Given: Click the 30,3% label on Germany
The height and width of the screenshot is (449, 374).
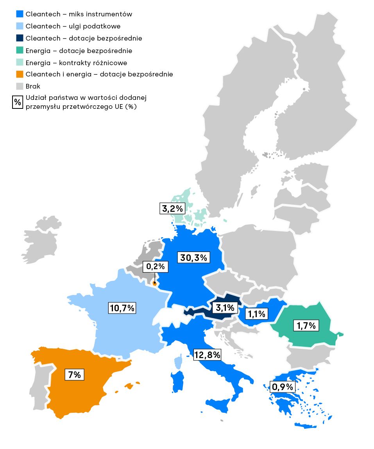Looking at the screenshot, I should pyautogui.click(x=194, y=257).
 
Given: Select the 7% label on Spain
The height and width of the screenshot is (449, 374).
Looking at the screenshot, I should pyautogui.click(x=74, y=375).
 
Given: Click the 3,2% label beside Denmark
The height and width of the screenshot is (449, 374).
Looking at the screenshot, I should pyautogui.click(x=172, y=208).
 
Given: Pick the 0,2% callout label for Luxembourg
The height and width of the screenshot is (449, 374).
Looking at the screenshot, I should pyautogui.click(x=156, y=267).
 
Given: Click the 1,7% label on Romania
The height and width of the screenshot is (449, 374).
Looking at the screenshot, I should pyautogui.click(x=306, y=325).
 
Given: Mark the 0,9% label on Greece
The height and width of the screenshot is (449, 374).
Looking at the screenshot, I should pyautogui.click(x=282, y=387).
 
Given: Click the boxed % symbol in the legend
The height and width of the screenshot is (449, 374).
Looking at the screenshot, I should pyautogui.click(x=18, y=103).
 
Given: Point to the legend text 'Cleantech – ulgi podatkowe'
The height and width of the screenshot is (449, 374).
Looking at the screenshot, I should pyautogui.click(x=73, y=26).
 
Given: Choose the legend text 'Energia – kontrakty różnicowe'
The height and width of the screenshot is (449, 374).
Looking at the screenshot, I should pyautogui.click(x=76, y=62).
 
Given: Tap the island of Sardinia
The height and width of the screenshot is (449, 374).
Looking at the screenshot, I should pyautogui.click(x=177, y=382).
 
